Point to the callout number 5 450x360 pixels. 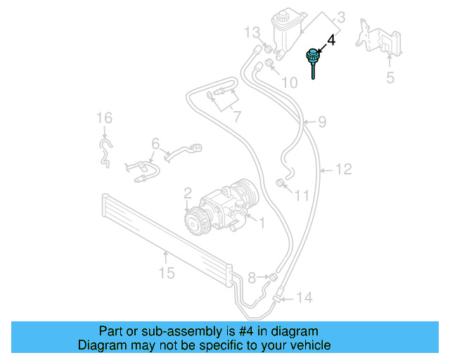(390, 77)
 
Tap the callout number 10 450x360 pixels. (289, 83)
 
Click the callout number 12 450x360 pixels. (343, 169)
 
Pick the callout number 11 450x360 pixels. (301, 195)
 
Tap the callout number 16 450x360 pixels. (104, 117)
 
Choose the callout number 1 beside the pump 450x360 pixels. (261, 223)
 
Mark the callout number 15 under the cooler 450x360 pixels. (166, 272)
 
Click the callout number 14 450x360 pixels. (303, 298)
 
